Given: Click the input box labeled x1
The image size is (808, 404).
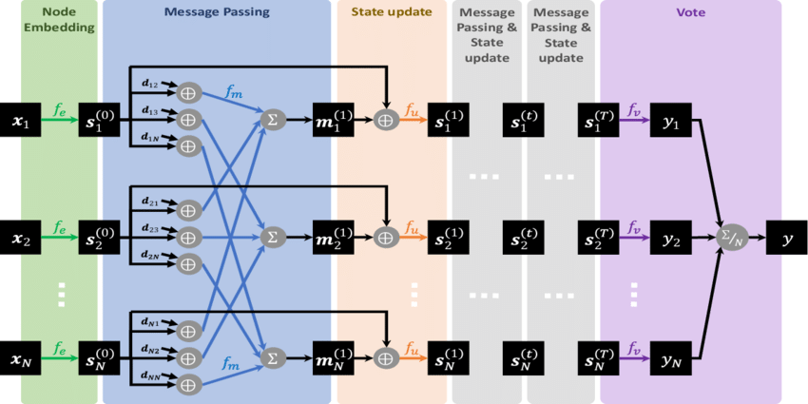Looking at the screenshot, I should pos(21,121).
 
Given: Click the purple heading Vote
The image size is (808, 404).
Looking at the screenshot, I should pos(690,12).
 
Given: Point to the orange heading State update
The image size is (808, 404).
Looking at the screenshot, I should pos(392,12).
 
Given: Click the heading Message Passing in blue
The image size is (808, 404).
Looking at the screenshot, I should pos(216,12).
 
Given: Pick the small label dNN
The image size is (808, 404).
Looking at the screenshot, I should pos(150,376).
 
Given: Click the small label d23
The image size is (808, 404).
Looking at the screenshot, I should pos(150,229).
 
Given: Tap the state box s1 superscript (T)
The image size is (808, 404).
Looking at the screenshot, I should pos(601,121).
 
